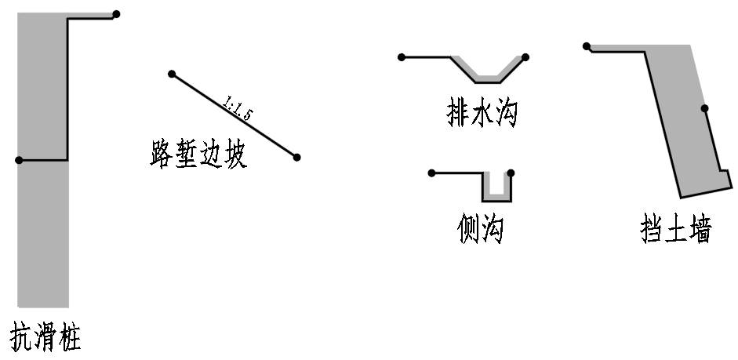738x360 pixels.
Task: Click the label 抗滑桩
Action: point(45,337)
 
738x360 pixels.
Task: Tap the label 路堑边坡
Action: point(198,155)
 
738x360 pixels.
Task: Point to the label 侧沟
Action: point(480,229)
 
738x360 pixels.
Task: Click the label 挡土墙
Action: point(676,231)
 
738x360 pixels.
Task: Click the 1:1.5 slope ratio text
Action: point(238,109)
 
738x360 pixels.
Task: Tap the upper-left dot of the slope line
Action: point(172,75)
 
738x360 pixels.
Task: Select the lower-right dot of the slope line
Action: point(296,158)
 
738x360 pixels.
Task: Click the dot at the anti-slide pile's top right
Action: point(116,14)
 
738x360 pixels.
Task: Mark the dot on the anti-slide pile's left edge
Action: point(19,160)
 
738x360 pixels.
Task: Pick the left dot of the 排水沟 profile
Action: point(402,57)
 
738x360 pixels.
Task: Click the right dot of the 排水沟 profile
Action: point(525,57)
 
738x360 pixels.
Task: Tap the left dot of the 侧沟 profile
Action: point(431,173)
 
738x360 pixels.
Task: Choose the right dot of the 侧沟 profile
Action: point(511,173)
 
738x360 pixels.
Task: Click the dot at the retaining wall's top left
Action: point(587,46)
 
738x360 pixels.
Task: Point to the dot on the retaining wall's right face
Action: point(704,108)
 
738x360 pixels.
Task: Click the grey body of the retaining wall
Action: point(678,118)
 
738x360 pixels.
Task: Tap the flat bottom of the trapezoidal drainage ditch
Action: point(488,80)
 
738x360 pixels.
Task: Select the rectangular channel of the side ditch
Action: point(496,188)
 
